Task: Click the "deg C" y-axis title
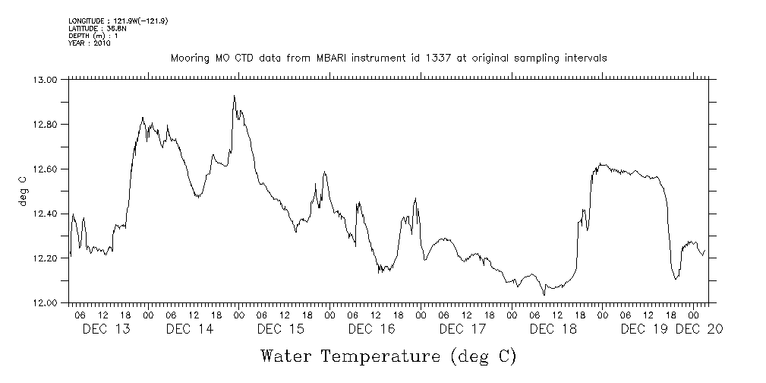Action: (22, 191)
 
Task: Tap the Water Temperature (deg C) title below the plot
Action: (389, 356)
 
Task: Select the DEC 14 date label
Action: (189, 329)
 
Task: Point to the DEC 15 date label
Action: (280, 329)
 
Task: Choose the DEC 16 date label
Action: (371, 329)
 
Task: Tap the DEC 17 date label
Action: (462, 329)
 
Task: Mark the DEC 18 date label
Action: (553, 329)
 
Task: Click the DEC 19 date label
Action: (645, 329)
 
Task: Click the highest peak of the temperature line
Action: (234, 96)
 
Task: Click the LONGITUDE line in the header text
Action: (118, 21)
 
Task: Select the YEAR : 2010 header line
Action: (90, 43)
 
